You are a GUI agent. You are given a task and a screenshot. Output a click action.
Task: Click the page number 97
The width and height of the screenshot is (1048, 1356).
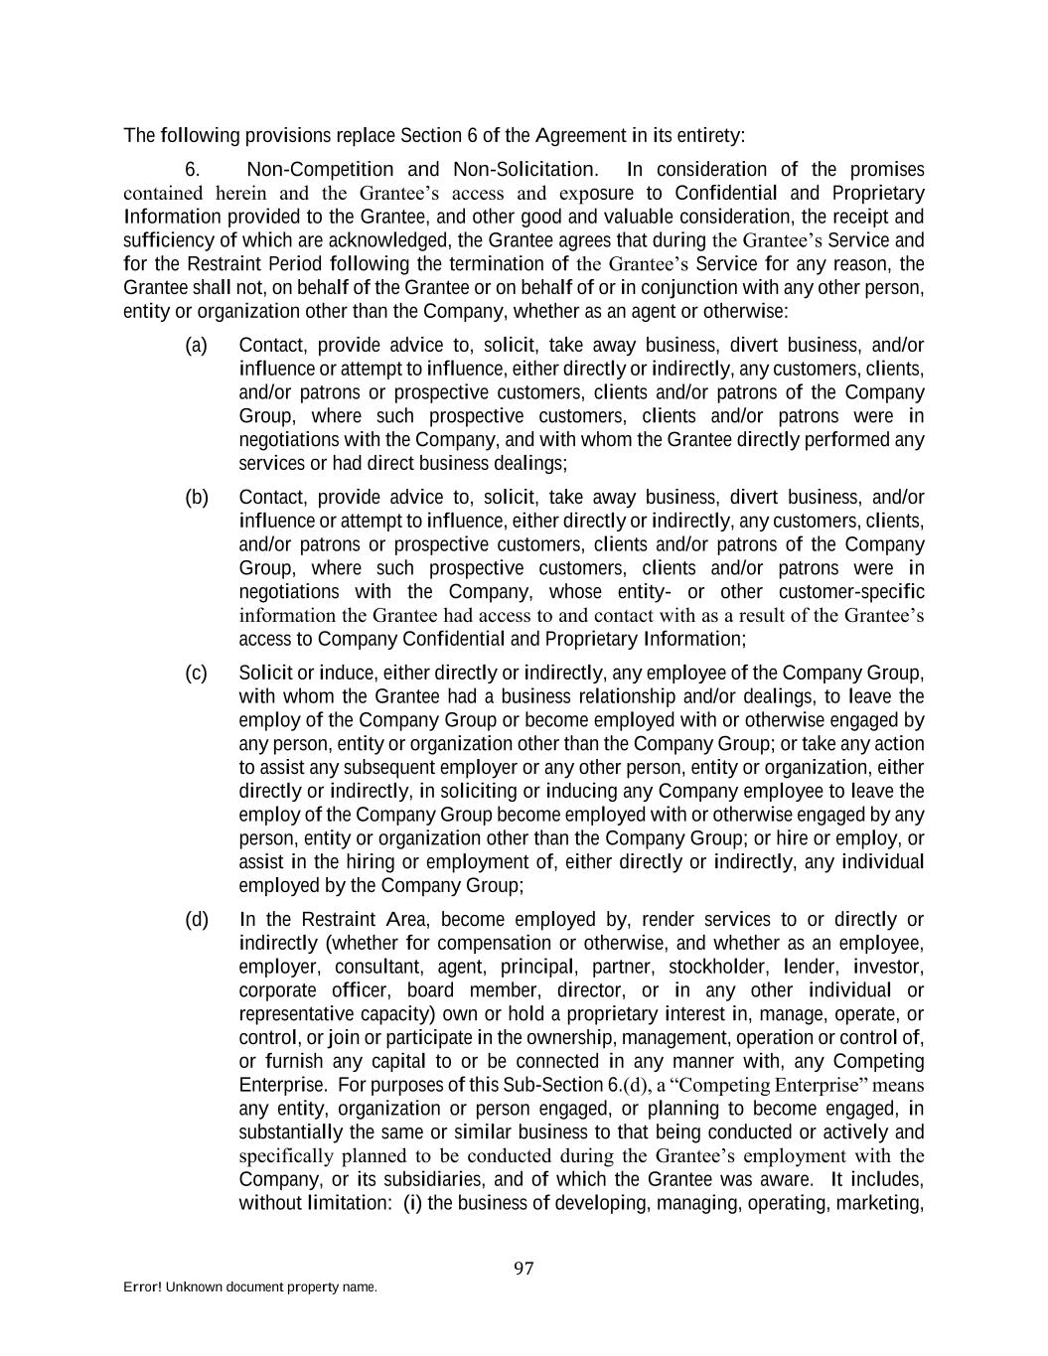pos(524,1269)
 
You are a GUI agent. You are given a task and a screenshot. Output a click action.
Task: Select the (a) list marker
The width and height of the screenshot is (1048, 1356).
pos(196,346)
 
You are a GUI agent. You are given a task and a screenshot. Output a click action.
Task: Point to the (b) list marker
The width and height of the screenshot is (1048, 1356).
pos(196,498)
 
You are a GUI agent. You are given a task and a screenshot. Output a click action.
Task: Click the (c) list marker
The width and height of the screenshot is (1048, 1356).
pos(196,674)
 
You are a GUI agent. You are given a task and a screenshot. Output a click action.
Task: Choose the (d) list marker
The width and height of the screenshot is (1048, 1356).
pos(196,920)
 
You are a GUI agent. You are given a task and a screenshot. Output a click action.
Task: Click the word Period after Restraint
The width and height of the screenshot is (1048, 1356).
pos(297,264)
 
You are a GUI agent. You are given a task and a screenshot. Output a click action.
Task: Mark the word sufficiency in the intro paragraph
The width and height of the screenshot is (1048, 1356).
pos(169,240)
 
